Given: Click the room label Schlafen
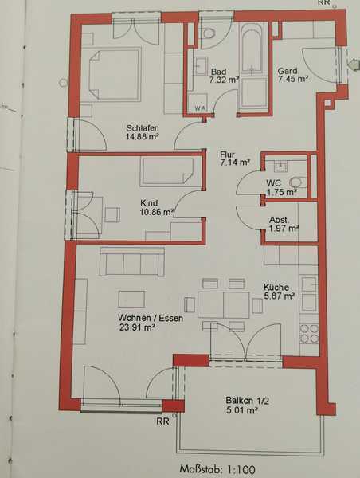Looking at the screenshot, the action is pyautogui.click(x=143, y=128).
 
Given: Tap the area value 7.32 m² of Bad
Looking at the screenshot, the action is pyautogui.click(x=224, y=80).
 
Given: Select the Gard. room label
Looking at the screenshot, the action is pyautogui.click(x=288, y=71).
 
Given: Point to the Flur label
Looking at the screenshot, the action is pyautogui.click(x=227, y=155).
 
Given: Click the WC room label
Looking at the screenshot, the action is pyautogui.click(x=273, y=183).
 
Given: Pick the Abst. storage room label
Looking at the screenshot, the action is pyautogui.click(x=280, y=220).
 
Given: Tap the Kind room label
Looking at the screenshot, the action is pyautogui.click(x=149, y=202).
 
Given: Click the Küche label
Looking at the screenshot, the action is pyautogui.click(x=276, y=287).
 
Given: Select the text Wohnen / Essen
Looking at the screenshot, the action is pyautogui.click(x=151, y=318).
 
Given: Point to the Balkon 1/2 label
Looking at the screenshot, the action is pyautogui.click(x=247, y=401).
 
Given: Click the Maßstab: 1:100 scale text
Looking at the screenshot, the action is pyautogui.click(x=217, y=469).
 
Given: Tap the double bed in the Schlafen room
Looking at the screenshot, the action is pyautogui.click(x=115, y=74).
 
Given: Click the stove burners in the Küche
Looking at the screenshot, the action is pyautogui.click(x=309, y=334).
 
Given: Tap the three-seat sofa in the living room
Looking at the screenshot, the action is pyautogui.click(x=132, y=262).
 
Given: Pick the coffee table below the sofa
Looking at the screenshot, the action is pyautogui.click(x=131, y=299).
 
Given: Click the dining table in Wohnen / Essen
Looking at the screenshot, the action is pyautogui.click(x=224, y=305).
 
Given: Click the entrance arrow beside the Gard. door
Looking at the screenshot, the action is pyautogui.click(x=354, y=64).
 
